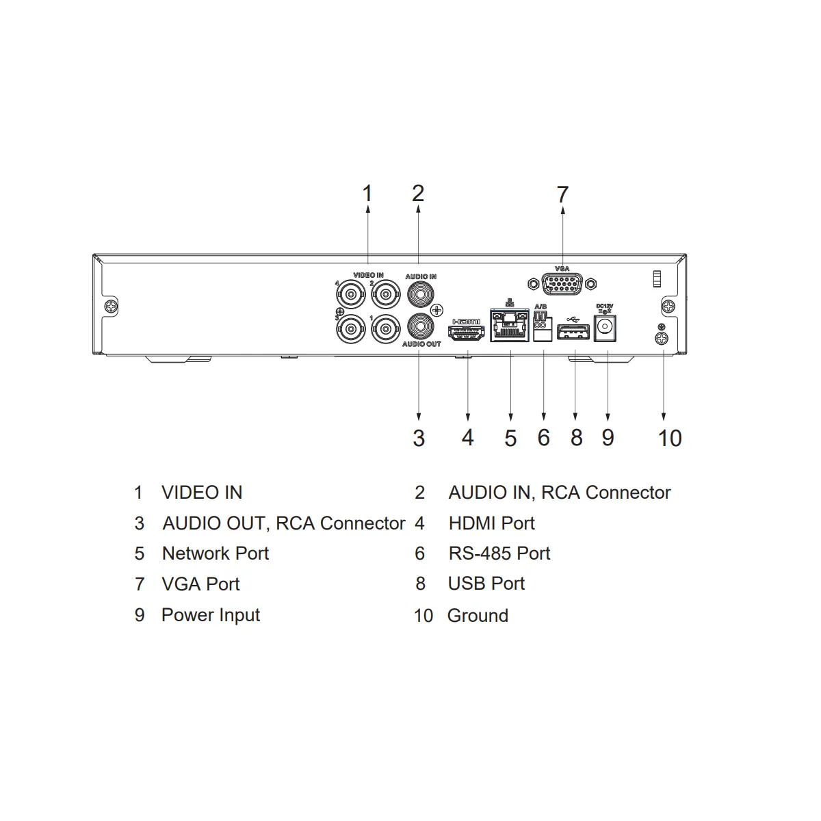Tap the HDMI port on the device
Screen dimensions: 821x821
coord(466,333)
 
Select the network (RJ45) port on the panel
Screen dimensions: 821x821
coord(510,326)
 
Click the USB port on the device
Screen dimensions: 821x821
coord(573,332)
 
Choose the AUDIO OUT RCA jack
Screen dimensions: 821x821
coord(421,327)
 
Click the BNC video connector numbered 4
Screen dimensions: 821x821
coord(351,294)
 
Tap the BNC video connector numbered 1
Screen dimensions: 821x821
coord(386,328)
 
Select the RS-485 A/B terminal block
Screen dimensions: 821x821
coord(541,326)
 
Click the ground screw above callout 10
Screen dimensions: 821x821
coord(661,339)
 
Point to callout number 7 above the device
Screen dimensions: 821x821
coord(562,195)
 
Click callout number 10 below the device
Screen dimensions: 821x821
coord(670,439)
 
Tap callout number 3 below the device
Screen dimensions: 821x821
coord(419,439)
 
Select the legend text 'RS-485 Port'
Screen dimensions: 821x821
coord(499,553)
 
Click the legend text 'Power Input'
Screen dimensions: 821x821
coord(211,615)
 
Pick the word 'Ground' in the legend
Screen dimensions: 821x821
coord(478,616)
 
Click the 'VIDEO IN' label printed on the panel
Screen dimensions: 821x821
coord(368,275)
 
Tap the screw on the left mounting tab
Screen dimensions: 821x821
coord(112,306)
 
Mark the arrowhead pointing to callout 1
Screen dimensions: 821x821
coord(368,209)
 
